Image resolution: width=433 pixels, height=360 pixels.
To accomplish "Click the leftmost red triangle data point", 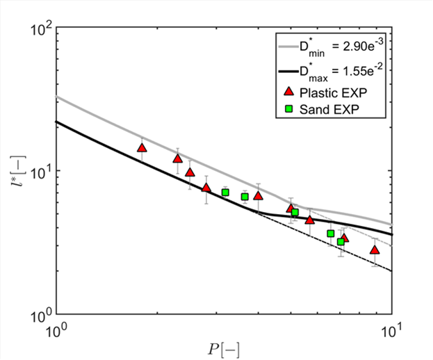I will pos(142,147).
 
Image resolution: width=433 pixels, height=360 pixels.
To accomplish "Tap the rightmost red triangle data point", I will pos(375,249).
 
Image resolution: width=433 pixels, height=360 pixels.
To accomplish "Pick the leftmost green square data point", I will pos(225,193).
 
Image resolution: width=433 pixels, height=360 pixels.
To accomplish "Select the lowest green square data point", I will pos(341,242).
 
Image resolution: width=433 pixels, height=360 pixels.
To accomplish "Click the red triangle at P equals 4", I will pos(258,195).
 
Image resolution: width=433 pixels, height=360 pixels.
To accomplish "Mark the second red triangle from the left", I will pos(178,158).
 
